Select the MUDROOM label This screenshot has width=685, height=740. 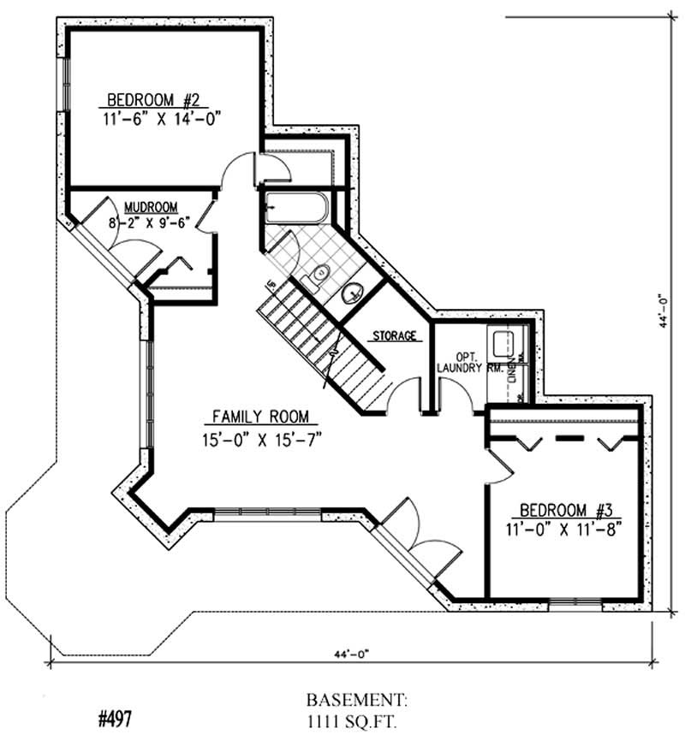[151, 207]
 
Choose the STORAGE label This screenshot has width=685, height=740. [395, 336]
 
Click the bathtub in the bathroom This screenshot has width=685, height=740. [295, 207]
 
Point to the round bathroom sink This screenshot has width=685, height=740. [352, 293]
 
